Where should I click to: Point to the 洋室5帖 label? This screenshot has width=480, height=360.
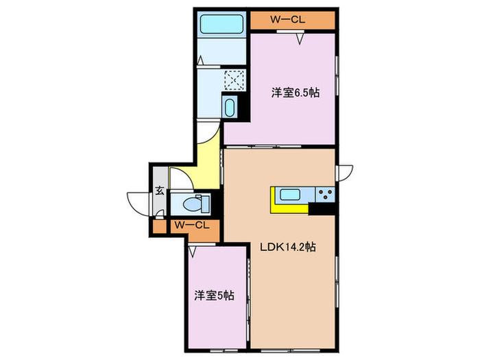pyautogui.click(x=213, y=296)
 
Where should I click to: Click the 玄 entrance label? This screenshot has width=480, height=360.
pyautogui.click(x=159, y=191)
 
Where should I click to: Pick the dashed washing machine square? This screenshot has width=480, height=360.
pyautogui.click(x=235, y=81)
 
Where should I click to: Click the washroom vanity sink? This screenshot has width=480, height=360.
pyautogui.click(x=230, y=108)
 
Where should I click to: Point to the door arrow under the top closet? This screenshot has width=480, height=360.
pyautogui.click(x=300, y=39)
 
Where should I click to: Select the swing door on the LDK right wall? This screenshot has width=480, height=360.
pyautogui.click(x=344, y=171)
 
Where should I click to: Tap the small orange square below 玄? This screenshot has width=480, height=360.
pyautogui.click(x=160, y=226)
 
